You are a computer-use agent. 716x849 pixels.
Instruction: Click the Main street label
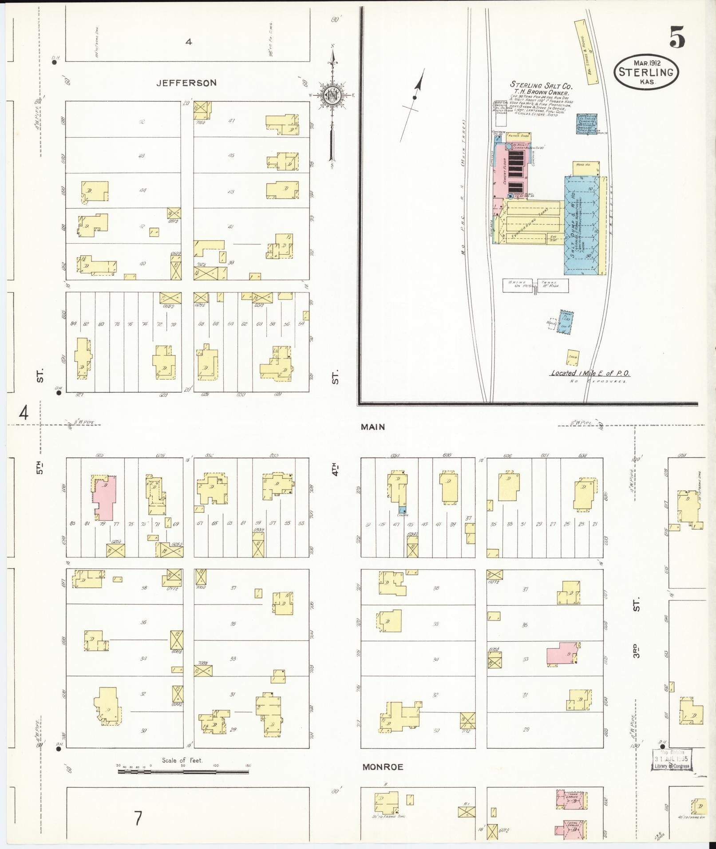pyautogui.click(x=373, y=427)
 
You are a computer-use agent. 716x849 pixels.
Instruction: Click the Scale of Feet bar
pyautogui.click(x=183, y=772)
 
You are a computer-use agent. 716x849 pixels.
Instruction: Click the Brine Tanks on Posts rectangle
pyautogui.click(x=535, y=285)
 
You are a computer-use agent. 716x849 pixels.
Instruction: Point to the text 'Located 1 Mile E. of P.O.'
pyautogui.click(x=590, y=373)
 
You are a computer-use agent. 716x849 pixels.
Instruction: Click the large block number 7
pyautogui.click(x=138, y=818)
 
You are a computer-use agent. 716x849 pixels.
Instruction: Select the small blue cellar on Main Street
pyautogui.click(x=402, y=510)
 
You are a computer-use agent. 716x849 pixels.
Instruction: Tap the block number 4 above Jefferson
pyautogui.click(x=189, y=42)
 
